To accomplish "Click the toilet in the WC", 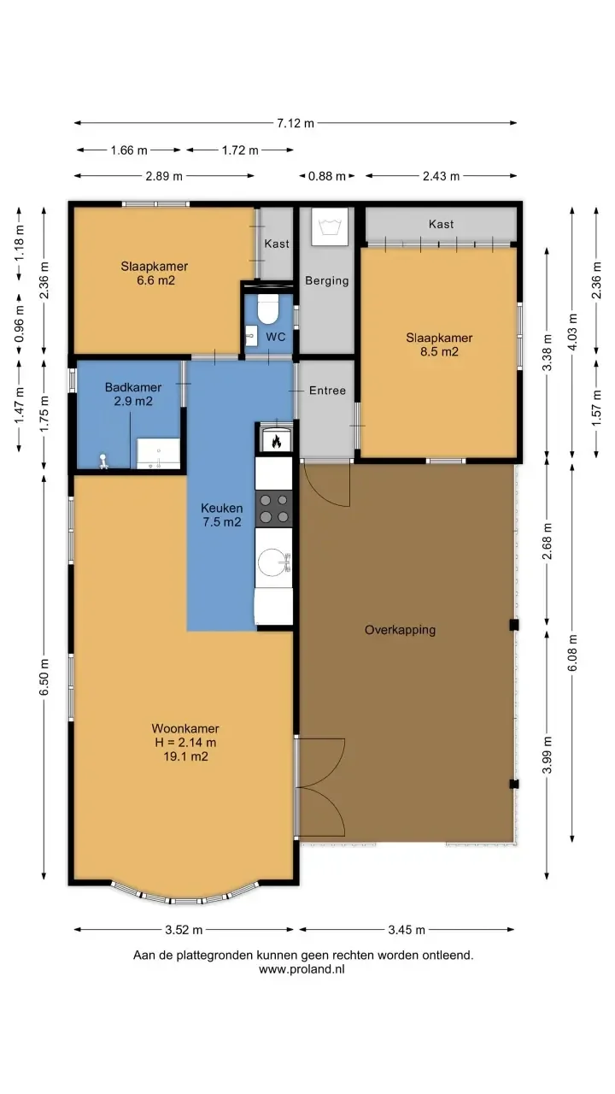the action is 267,309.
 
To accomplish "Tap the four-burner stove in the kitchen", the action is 274,509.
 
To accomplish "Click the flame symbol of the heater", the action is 276,442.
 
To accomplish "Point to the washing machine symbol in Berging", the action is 330,226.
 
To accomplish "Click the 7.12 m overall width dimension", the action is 296,123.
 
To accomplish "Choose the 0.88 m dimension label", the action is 326,176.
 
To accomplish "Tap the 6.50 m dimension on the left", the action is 44,677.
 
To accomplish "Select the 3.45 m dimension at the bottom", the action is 407,929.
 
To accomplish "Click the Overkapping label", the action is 401,630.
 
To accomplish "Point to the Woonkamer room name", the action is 185,728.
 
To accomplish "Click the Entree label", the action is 327,391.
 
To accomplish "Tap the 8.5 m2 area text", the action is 439,351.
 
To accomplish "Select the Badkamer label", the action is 132,387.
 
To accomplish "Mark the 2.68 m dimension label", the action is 548,541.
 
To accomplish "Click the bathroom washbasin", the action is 158,453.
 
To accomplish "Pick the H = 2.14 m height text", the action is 185,743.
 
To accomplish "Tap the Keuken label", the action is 221,508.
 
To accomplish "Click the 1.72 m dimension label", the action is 240,150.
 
